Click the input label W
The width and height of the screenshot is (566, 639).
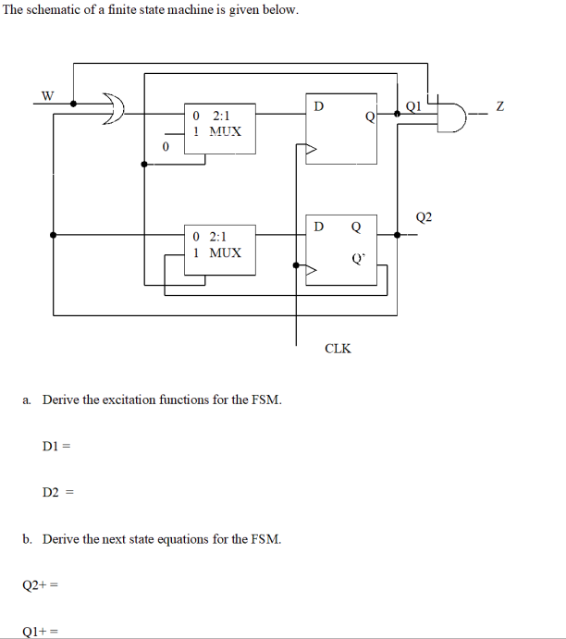point(47,94)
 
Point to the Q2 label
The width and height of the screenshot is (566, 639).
point(424,218)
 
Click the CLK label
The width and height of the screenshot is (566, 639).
point(338,349)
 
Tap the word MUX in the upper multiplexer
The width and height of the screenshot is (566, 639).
point(225,131)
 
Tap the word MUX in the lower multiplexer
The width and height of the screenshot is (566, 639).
point(225,252)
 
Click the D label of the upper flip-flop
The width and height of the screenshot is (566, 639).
point(318,105)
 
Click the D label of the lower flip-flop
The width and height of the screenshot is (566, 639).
point(318,227)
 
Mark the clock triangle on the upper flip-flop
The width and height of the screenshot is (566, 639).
point(313,149)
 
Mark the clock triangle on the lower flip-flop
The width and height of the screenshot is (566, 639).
point(313,268)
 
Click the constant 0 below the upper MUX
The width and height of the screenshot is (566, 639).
point(166,147)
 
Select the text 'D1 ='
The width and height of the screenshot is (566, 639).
point(56,447)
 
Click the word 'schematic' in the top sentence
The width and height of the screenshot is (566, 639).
point(62,10)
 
